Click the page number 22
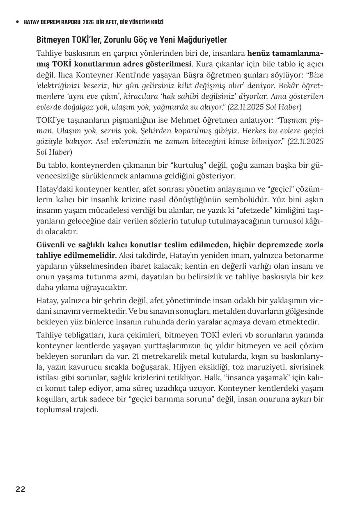coord(21,489)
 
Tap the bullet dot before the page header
coord(17,22)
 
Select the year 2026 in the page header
coord(88,22)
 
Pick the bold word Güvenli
coord(50,245)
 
